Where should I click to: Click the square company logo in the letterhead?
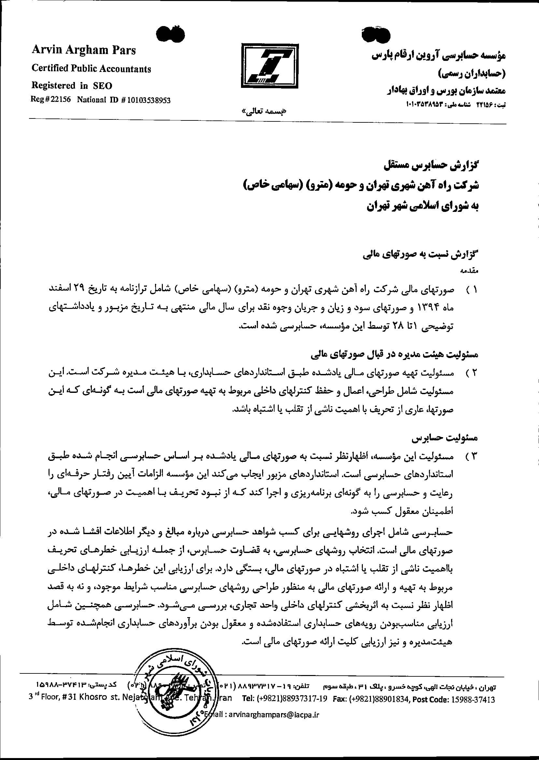(270, 66)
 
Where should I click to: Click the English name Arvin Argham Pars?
(84, 50)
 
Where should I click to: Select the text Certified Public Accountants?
(91, 69)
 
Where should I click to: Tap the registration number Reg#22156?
(50, 100)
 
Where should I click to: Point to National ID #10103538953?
(124, 100)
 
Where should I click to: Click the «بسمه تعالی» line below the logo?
(264, 112)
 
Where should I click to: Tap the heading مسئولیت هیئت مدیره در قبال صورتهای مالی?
(395, 355)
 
